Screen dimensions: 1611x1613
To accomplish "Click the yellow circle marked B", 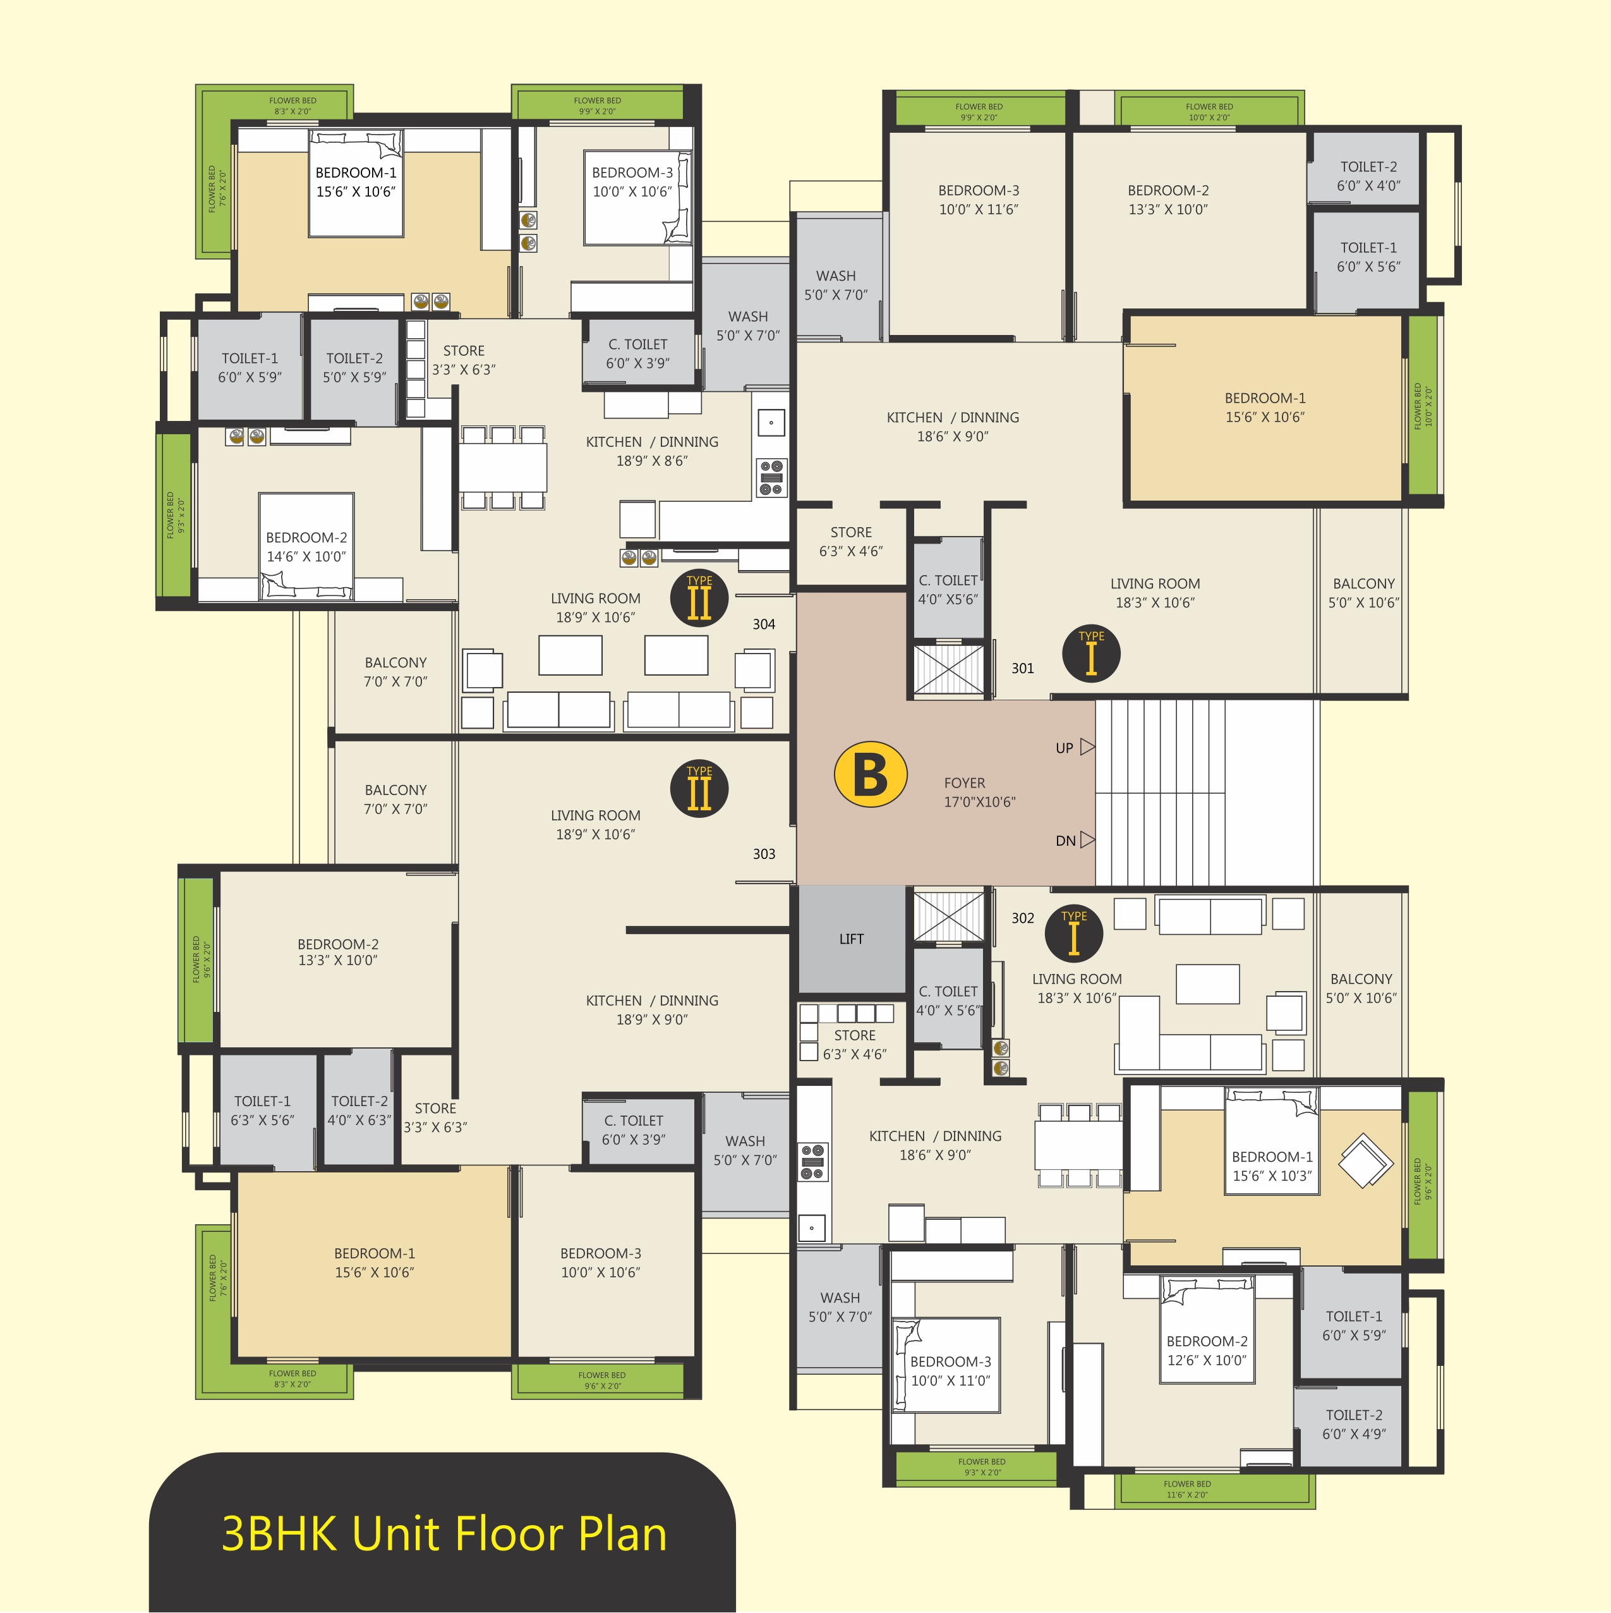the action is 871,774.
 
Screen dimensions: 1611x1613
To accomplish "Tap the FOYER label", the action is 964,783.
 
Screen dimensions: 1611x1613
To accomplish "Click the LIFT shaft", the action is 852,939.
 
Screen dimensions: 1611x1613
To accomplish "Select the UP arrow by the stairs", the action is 1087,746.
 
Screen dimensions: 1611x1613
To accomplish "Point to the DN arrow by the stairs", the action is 1087,839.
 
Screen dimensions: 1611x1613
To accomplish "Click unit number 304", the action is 764,624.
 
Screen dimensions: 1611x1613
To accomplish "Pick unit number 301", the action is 1023,668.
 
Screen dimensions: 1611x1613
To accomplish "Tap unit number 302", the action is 1023,918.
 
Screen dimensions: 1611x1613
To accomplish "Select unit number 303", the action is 764,854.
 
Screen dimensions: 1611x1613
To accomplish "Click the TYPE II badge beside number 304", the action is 699,598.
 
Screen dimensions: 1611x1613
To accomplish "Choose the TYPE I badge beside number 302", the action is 1074,934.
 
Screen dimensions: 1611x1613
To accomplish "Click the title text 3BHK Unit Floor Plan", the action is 444,1534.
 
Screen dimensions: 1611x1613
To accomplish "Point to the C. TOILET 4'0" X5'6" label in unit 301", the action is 948,590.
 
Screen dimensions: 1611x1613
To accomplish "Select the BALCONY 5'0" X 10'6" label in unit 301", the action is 1364,593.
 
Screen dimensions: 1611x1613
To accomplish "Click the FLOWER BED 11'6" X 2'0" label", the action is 1187,1490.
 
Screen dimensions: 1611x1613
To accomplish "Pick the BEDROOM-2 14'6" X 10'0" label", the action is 306,547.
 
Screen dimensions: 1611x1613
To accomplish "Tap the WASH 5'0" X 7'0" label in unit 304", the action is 748,326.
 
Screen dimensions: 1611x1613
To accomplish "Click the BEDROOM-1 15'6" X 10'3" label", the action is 1272,1166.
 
